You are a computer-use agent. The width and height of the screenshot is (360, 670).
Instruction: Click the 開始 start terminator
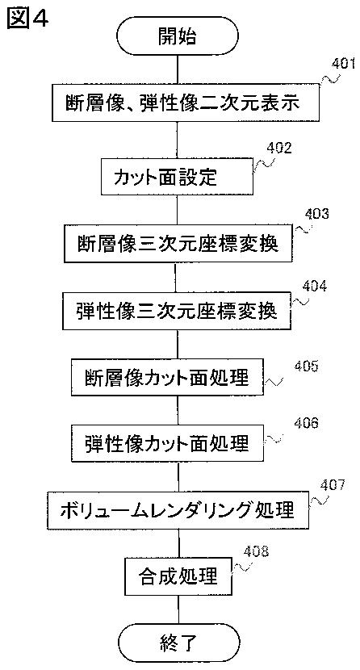tap(178, 37)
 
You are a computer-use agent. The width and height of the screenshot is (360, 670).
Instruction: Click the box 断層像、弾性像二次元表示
tap(186, 103)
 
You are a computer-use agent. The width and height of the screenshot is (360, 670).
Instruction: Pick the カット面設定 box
tap(177, 177)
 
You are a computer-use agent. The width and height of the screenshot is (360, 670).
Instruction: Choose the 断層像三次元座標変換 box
tap(178, 244)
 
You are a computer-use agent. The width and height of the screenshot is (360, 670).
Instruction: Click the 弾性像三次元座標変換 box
tap(177, 311)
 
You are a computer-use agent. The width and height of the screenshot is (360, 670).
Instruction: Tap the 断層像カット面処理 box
tap(166, 378)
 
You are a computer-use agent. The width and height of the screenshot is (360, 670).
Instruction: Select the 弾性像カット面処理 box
tap(167, 443)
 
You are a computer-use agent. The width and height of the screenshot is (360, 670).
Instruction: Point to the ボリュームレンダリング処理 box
tap(178, 509)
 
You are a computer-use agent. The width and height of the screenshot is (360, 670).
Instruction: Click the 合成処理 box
tap(178, 575)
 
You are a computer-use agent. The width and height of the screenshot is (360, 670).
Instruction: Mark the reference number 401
tap(343, 64)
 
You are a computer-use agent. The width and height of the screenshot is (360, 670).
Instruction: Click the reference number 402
tap(279, 148)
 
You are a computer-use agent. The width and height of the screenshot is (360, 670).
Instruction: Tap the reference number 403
tap(316, 214)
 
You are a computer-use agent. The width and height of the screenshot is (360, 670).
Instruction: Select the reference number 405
tap(306, 366)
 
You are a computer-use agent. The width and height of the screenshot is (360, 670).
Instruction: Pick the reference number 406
tap(306, 423)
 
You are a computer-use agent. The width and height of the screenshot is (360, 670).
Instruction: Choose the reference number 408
tap(256, 551)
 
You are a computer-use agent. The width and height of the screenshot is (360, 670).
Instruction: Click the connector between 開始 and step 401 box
tap(178, 70)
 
